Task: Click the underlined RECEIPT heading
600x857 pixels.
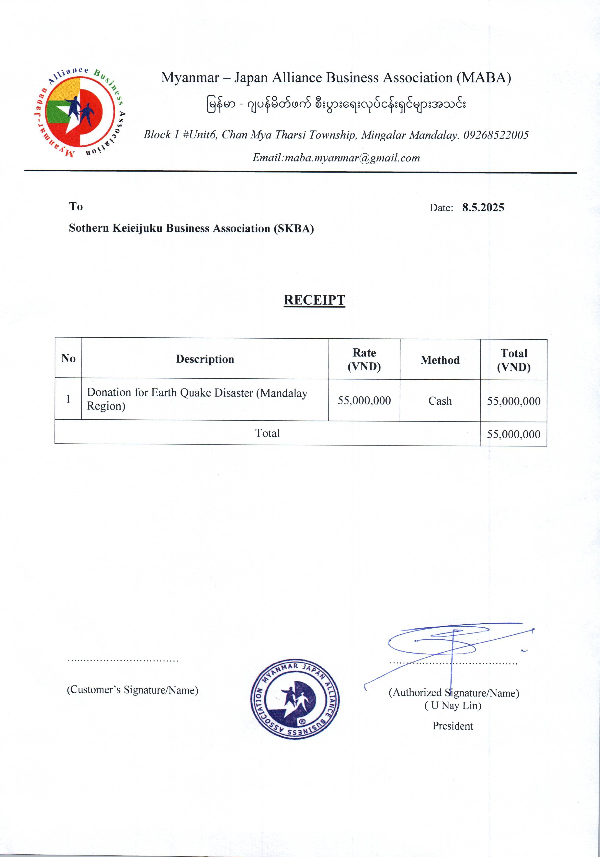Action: pos(314,300)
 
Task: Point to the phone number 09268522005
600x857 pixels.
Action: pos(496,135)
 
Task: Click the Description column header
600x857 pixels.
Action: pos(205,359)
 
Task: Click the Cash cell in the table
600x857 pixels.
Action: pos(440,401)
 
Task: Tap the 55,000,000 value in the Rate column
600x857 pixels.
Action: pos(364,400)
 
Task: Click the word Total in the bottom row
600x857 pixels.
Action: pos(267,433)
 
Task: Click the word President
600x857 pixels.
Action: pos(453,726)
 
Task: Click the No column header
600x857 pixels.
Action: pos(68,358)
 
